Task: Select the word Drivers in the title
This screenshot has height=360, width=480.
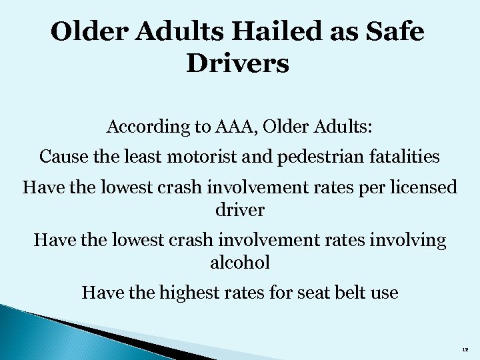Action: coord(239,64)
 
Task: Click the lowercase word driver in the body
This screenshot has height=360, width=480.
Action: coord(240,210)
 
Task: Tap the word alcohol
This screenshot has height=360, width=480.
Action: coord(240,262)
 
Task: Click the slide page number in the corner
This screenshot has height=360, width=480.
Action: coord(465,349)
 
